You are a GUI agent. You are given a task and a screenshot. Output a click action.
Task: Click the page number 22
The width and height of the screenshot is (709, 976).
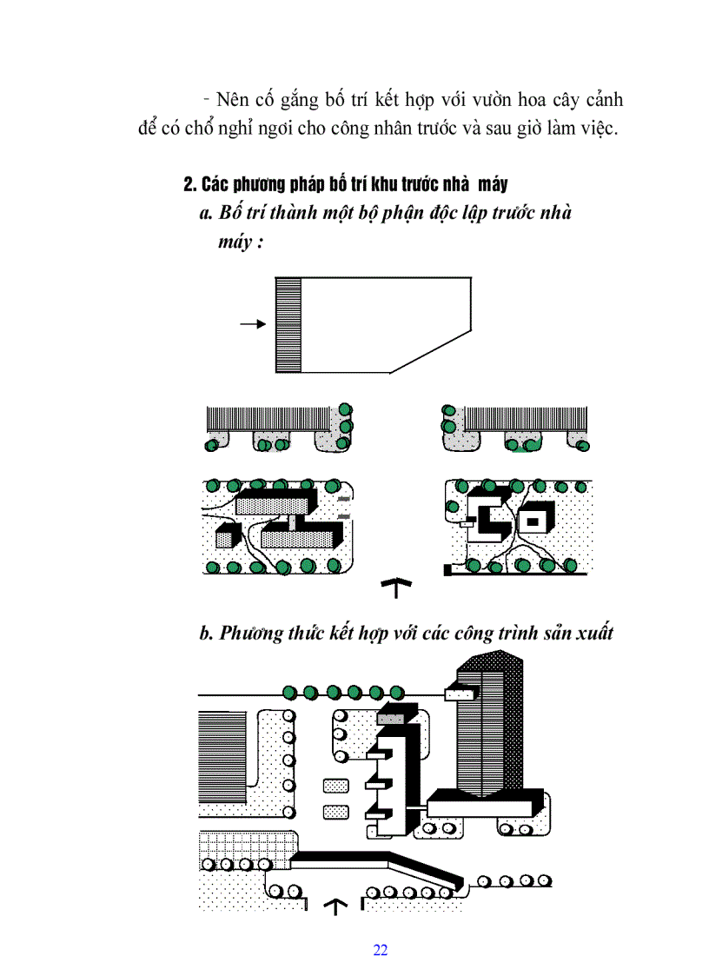(380, 949)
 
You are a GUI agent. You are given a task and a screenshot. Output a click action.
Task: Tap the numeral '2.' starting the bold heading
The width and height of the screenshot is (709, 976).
(191, 184)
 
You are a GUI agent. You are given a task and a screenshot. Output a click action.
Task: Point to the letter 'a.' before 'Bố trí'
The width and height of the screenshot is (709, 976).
(207, 213)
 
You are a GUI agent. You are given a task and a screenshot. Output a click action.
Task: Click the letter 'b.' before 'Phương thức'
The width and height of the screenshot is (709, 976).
(207, 633)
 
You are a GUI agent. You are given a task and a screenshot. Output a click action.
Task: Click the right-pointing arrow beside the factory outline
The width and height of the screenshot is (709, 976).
(252, 324)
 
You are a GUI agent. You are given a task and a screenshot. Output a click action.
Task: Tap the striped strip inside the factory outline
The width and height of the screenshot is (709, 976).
(288, 325)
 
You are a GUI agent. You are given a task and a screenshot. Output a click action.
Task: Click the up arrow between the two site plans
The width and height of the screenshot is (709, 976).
(396, 588)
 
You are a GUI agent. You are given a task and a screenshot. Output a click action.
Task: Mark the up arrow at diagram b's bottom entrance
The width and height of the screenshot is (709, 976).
(335, 906)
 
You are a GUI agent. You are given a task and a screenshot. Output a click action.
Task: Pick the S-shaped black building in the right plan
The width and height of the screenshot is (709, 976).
(487, 516)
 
